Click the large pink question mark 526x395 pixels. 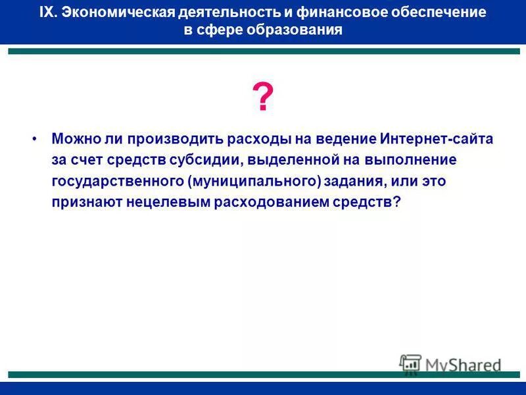[263, 99]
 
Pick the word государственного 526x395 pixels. [118, 181]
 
